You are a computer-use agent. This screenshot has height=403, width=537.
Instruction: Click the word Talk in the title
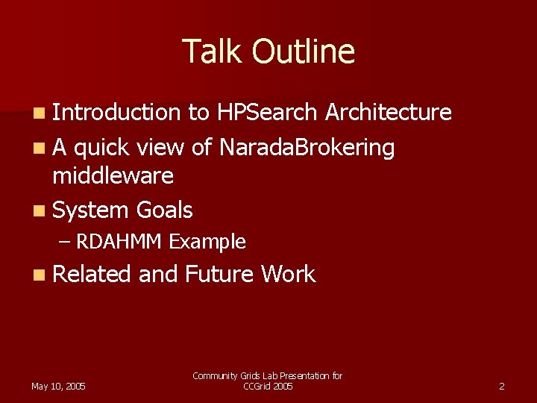point(213,51)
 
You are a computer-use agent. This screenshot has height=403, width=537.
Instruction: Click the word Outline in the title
point(303,51)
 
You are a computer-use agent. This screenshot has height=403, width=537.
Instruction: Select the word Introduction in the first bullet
point(116,112)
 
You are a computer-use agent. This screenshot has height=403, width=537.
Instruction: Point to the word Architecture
point(388,112)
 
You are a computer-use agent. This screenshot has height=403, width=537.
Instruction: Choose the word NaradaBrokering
point(307,148)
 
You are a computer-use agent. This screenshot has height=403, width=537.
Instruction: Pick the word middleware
point(113,175)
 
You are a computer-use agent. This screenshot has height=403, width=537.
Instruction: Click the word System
point(91,210)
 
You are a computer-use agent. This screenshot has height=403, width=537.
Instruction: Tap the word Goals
point(164,210)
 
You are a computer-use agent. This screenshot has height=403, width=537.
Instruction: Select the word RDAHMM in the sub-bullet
point(120,242)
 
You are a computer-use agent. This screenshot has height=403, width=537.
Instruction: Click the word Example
point(207,242)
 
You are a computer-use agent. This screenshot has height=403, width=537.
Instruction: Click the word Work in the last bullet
point(288,274)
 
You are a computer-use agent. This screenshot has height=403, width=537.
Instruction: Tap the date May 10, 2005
point(58,386)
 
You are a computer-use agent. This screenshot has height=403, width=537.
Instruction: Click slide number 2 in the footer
point(501,386)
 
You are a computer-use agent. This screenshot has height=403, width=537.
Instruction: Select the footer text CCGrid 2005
point(268,386)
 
